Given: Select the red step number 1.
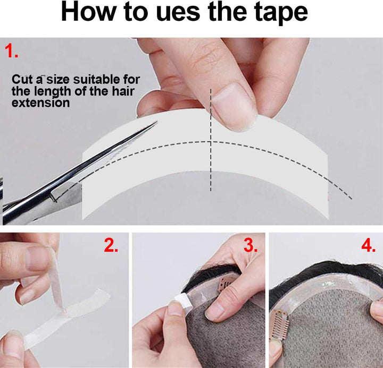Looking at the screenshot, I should [x=12, y=52].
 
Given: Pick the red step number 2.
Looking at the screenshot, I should [x=111, y=245].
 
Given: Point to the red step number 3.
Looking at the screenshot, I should [x=250, y=245].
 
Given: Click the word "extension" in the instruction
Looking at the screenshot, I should [x=40, y=102].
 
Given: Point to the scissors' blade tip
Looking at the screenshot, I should [x=156, y=122].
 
